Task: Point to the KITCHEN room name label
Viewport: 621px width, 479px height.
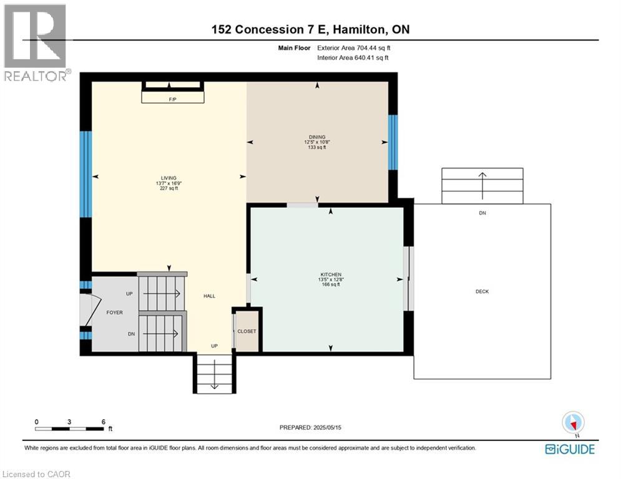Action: click(x=331, y=274)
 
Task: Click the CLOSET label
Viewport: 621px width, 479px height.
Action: click(x=247, y=331)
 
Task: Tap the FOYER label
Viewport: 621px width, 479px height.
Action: click(x=114, y=313)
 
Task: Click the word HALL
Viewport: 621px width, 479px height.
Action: click(x=209, y=296)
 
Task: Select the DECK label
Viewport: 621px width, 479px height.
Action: click(x=482, y=291)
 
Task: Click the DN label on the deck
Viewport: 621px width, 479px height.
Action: click(x=482, y=213)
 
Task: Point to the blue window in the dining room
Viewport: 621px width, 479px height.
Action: click(x=393, y=142)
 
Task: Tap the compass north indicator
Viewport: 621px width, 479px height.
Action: click(x=572, y=423)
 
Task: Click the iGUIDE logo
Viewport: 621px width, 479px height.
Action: click(x=569, y=449)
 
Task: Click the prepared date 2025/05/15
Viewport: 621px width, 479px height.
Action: click(x=310, y=427)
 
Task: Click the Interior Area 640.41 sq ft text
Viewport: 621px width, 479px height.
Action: click(x=353, y=58)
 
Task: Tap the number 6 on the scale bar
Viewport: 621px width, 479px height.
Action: click(x=102, y=421)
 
